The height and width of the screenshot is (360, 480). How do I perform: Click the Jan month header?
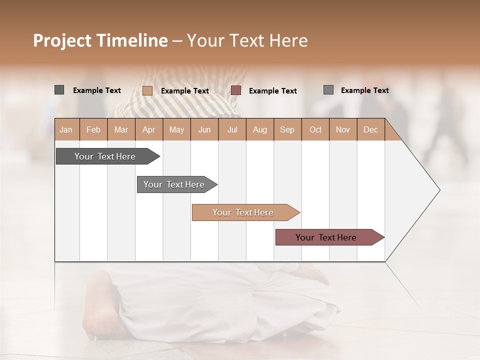pos(66,129)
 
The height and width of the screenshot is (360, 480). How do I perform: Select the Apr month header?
pos(148,129)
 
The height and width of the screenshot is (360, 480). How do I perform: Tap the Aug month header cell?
pos(259,129)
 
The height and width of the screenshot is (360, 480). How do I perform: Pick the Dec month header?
pos(370,129)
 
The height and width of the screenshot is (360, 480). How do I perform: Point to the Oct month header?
pos(315,129)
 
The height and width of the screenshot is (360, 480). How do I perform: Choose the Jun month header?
pos(204,129)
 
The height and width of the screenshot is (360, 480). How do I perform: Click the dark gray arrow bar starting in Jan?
pos(105,156)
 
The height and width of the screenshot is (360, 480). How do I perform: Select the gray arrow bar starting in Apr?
pos(174,184)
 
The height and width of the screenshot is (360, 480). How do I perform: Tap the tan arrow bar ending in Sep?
pos(243,212)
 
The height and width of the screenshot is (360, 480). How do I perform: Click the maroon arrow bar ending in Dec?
pos(326,237)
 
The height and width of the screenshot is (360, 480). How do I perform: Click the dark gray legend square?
pos(59,90)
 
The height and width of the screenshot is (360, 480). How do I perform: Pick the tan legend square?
pos(147,90)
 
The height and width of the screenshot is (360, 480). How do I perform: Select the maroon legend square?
pos(236,90)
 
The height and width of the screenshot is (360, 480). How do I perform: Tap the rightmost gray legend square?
pos(328,90)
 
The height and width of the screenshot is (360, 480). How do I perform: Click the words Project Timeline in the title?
pos(100,40)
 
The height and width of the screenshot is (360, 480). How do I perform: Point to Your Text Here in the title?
pos(247,40)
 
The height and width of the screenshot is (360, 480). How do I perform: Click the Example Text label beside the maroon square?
pos(272,91)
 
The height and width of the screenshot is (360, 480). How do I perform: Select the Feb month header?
pos(93,129)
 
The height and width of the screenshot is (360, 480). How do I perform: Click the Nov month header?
pos(342,129)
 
